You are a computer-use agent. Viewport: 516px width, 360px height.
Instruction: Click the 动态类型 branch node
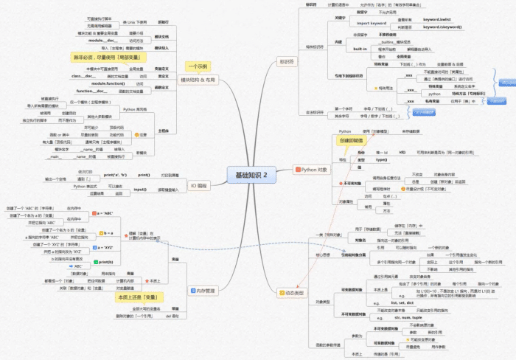292,293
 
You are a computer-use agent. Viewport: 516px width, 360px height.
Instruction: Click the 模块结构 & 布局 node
198,79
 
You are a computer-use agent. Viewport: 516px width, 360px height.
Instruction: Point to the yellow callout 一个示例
199,65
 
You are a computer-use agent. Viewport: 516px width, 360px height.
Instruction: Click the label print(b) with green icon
105,262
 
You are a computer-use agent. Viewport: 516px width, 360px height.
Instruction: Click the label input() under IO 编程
139,190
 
